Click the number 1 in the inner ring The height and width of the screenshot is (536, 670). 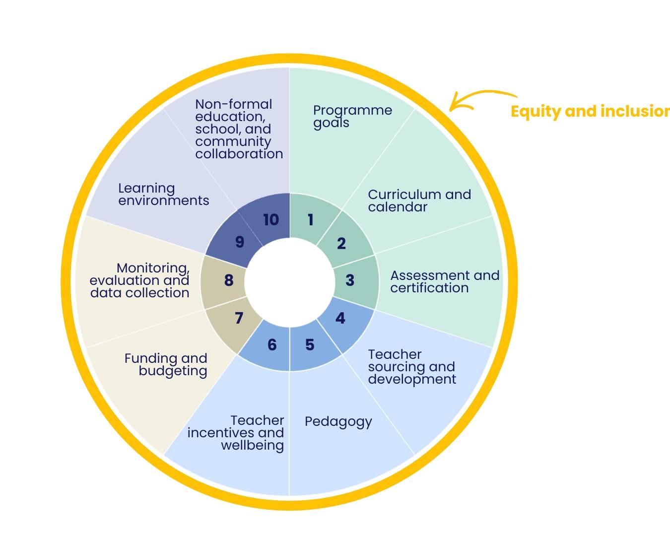click(x=311, y=219)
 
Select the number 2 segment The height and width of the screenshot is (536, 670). click(x=341, y=244)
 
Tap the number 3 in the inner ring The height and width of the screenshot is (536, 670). click(x=350, y=280)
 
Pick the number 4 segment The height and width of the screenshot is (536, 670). click(x=340, y=318)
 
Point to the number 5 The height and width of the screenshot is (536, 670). click(x=310, y=344)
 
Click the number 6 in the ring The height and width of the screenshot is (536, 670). click(x=272, y=344)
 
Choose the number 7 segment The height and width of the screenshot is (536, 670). click(x=239, y=318)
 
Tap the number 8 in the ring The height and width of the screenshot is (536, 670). click(x=229, y=280)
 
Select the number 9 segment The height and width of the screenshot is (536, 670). click(x=240, y=242)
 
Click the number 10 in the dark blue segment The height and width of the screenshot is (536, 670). click(x=271, y=219)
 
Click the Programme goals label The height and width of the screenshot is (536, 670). click(x=352, y=116)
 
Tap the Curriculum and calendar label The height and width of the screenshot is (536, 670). click(x=419, y=201)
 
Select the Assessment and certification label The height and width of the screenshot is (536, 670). click(x=445, y=281)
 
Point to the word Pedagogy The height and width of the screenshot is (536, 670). click(x=338, y=422)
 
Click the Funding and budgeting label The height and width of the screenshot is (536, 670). click(x=166, y=364)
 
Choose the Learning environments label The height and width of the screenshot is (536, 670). click(x=163, y=195)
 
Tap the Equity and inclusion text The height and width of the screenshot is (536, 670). click(x=590, y=111)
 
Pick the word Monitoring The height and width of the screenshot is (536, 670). click(x=153, y=268)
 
